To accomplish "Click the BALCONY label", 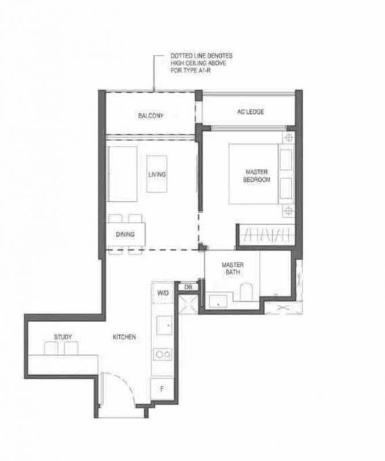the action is pyautogui.click(x=150, y=116).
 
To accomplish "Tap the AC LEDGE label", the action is pyautogui.click(x=250, y=112).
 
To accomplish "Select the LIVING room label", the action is pyautogui.click(x=157, y=175).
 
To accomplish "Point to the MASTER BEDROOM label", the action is pyautogui.click(x=256, y=176).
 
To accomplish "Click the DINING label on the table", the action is pyautogui.click(x=125, y=235).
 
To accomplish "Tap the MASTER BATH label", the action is pyautogui.click(x=232, y=269).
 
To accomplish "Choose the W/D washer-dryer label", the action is pyautogui.click(x=163, y=293).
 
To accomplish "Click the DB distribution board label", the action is pyautogui.click(x=188, y=287).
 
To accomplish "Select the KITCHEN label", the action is pyautogui.click(x=124, y=337).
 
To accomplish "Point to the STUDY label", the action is pyautogui.click(x=63, y=337).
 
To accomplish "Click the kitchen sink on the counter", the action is pyautogui.click(x=164, y=325).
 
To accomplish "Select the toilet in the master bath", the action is pyautogui.click(x=246, y=292).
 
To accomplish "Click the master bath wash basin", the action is pyautogui.click(x=218, y=301).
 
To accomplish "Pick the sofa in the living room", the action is pyautogui.click(x=122, y=174).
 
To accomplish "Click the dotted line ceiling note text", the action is pyautogui.click(x=202, y=63).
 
